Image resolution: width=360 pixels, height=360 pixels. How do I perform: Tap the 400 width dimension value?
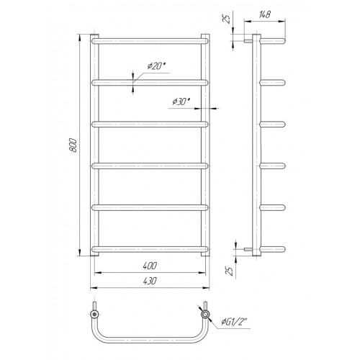coord(150,266)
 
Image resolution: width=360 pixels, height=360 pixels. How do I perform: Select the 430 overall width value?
coord(150,281)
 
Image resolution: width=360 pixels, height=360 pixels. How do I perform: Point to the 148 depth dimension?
coord(265,14)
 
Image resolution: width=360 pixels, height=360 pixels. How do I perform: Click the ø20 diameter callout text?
coord(157,66)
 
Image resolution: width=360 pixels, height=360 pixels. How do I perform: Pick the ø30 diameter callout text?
coord(181,102)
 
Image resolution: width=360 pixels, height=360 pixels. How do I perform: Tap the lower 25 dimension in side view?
coord(230,271)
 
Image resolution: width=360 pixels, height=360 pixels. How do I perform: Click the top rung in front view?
coord(150,41)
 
